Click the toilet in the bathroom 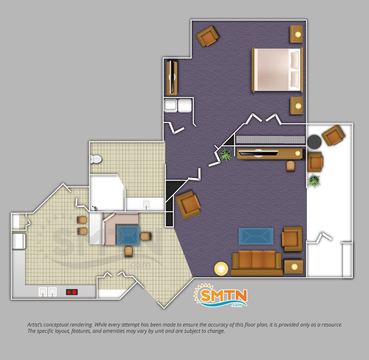[96, 159]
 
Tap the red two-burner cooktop [72, 292]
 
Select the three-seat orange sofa [256, 263]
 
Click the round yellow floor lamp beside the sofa [221, 268]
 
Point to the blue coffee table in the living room [256, 236]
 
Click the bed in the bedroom [277, 70]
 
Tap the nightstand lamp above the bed [298, 34]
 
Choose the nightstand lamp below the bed [298, 106]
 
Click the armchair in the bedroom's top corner [207, 36]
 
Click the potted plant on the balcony [314, 180]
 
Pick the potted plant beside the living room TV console [226, 155]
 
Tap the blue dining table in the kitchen [128, 235]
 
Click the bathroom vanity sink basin [146, 204]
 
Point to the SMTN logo [221, 295]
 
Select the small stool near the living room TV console [291, 166]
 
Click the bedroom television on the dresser [174, 78]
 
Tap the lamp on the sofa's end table [294, 267]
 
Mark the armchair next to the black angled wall [188, 205]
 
